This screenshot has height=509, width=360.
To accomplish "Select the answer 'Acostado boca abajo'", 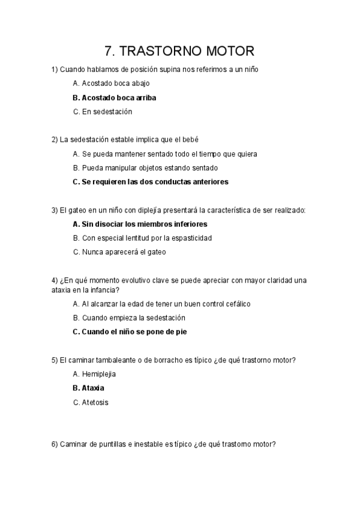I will pos(111,83).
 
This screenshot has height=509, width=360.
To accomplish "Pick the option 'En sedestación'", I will pos(102,112).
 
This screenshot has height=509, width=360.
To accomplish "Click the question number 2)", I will pos(55,140).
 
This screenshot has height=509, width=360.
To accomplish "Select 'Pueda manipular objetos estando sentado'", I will pos(145,167).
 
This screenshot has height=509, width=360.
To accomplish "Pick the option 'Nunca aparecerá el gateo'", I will pos(119,252).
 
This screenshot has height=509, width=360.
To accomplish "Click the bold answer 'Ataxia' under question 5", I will pos(88,388).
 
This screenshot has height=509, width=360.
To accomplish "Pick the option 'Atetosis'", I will pos(91,402).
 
